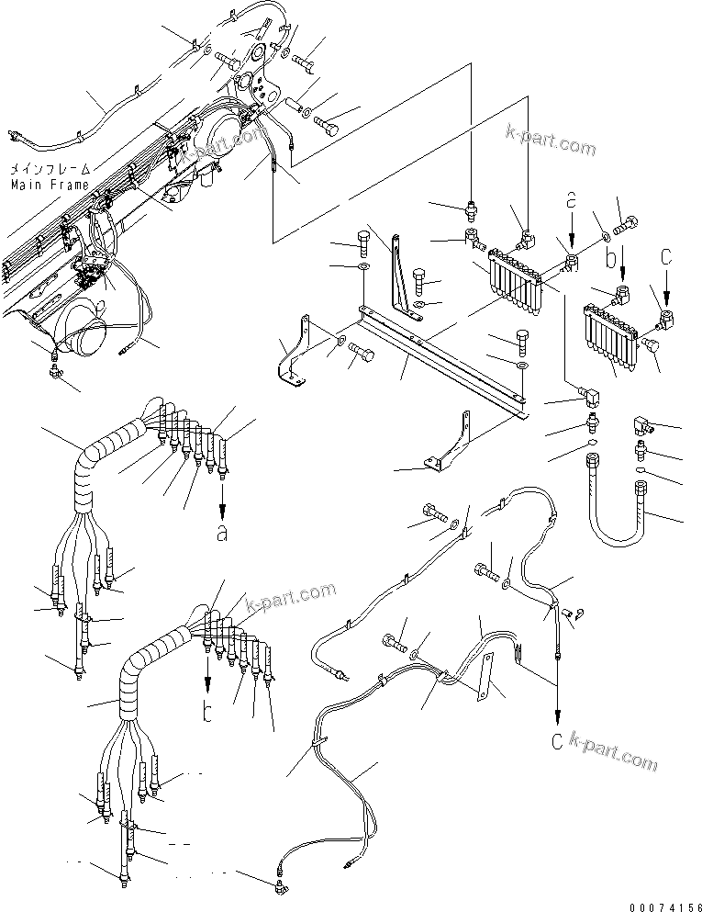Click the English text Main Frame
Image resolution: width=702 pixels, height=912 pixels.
pyautogui.click(x=50, y=185)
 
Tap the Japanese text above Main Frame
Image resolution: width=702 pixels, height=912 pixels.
pyautogui.click(x=50, y=170)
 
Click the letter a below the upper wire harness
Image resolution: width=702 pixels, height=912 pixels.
pyautogui.click(x=221, y=534)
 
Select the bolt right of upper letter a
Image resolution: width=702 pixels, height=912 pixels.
pyautogui.click(x=627, y=220)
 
